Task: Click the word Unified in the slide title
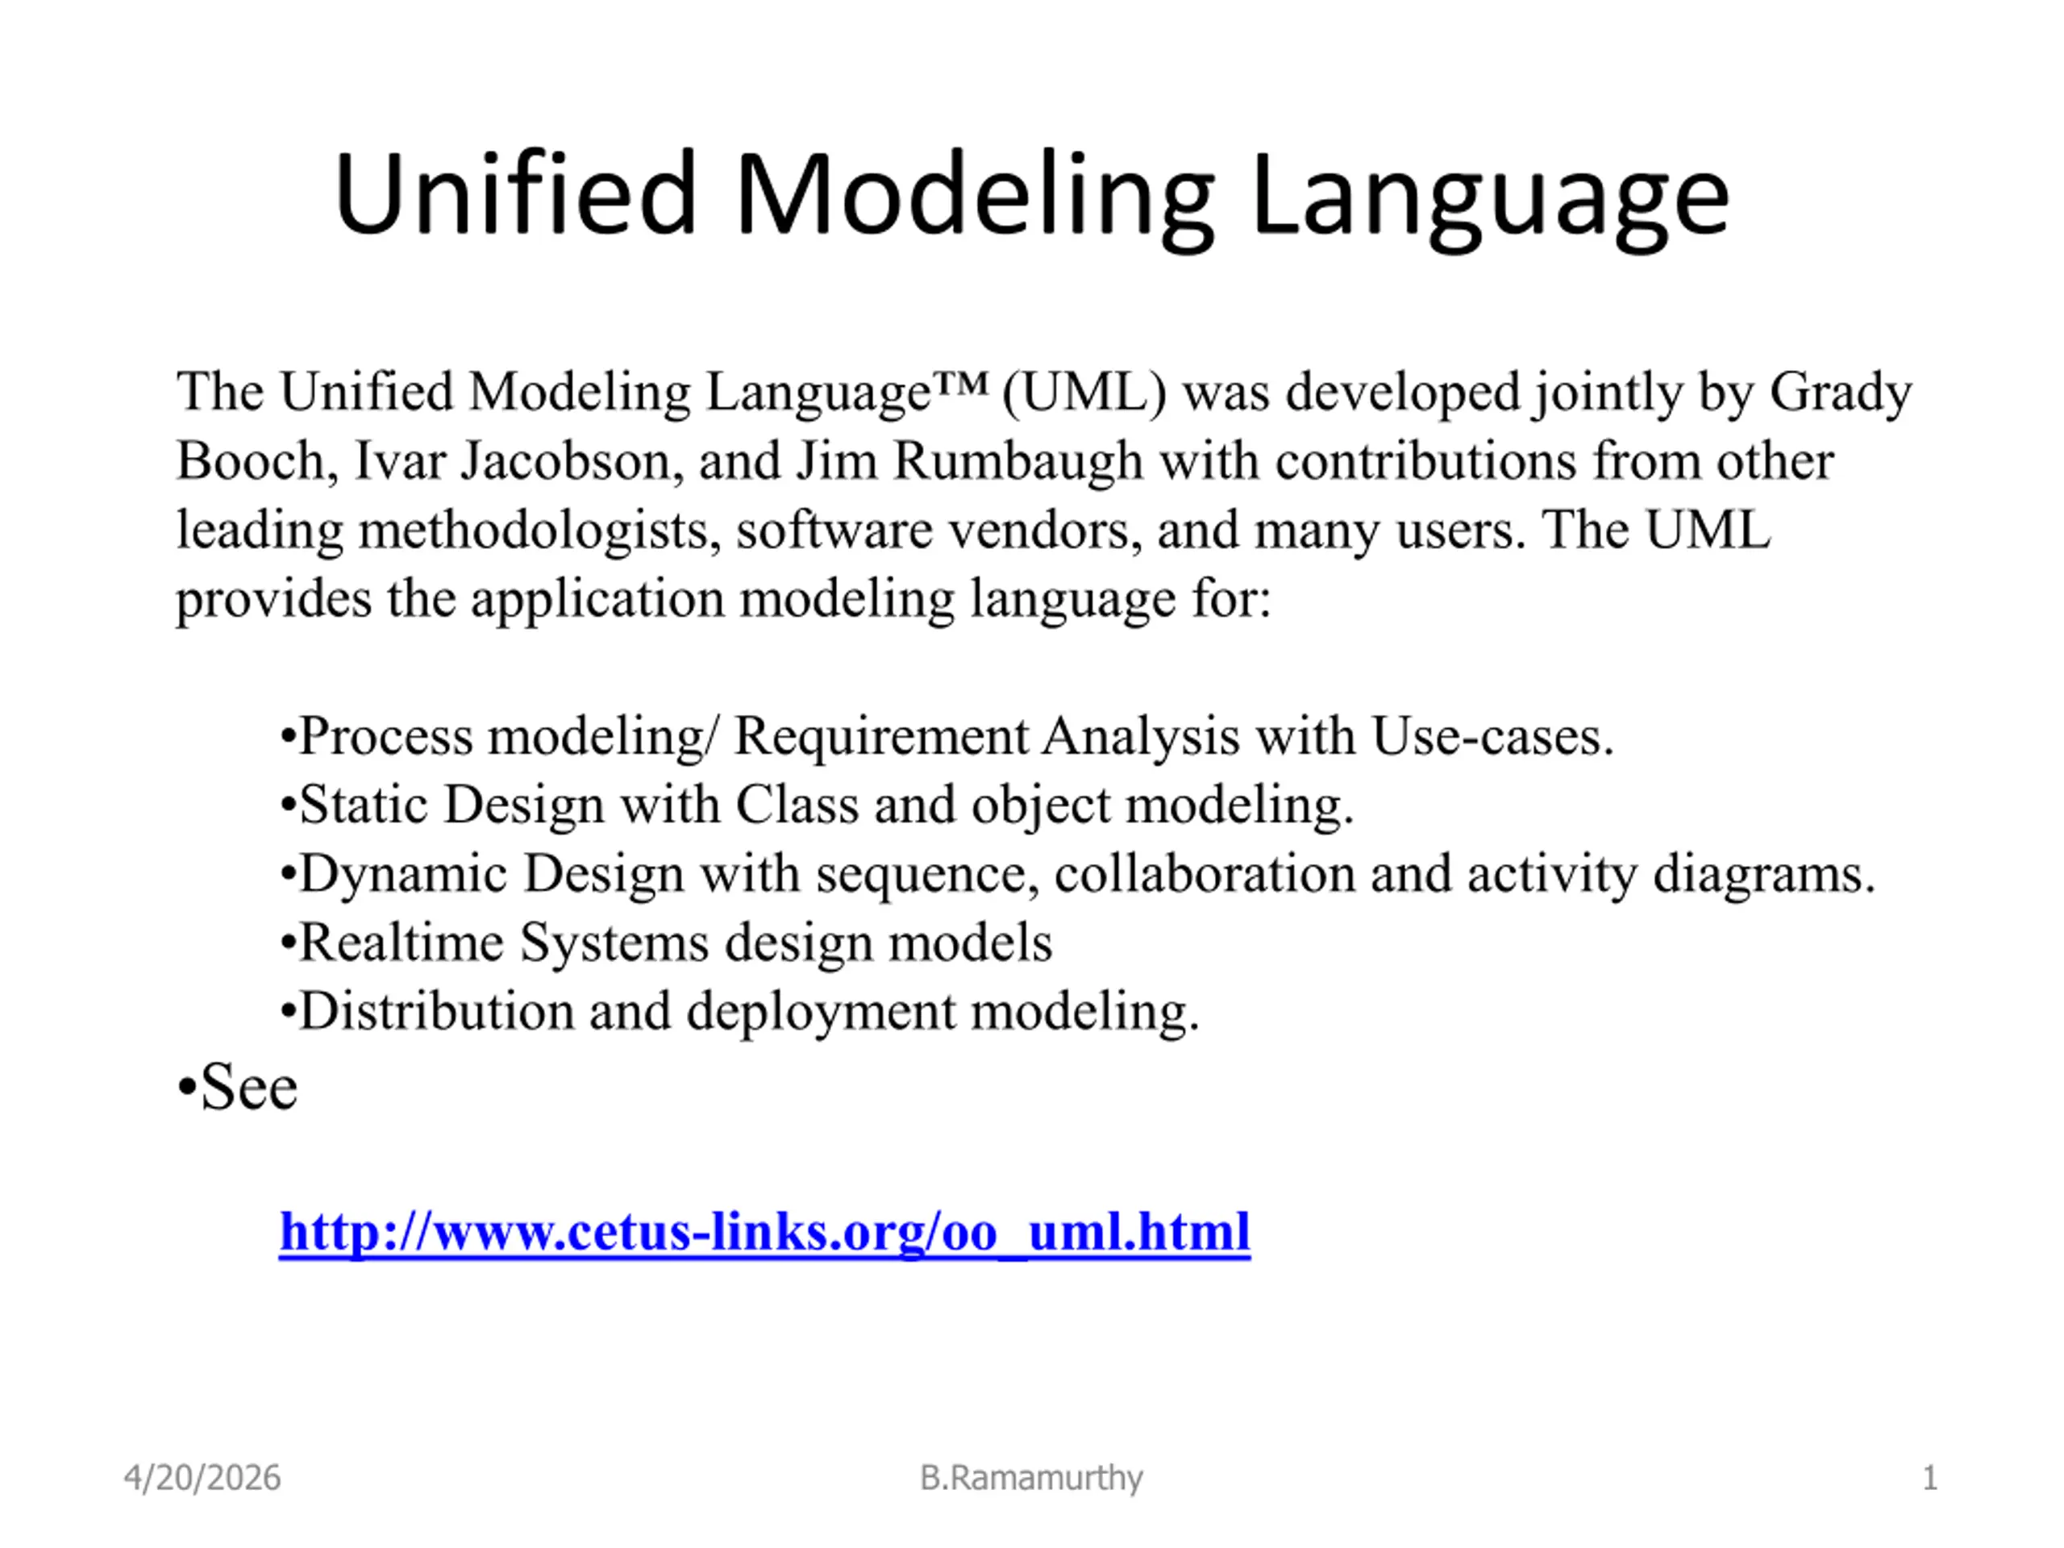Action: [516, 194]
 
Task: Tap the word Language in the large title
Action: [1491, 202]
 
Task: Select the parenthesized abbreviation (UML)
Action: [1084, 392]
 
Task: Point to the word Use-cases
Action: [1493, 737]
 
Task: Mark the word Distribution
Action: [437, 1012]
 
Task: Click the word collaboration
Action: [1205, 873]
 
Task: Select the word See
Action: [248, 1088]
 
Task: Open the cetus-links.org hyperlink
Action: [764, 1232]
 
